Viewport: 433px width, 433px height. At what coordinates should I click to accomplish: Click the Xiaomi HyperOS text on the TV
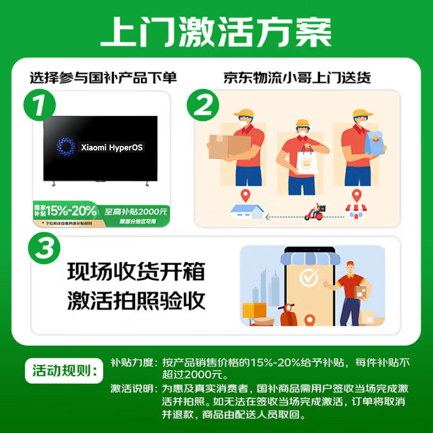pos(112,147)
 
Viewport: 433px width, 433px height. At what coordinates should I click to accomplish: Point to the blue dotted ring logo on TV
pos(67,147)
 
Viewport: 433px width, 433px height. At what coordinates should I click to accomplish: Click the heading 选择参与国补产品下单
pos(103,77)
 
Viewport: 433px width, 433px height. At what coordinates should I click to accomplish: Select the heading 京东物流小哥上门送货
pos(297,77)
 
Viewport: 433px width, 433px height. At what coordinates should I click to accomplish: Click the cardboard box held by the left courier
pos(229,146)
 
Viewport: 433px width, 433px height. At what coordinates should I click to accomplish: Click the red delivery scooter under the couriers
pos(316,213)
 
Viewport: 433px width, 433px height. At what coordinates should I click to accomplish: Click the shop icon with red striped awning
pos(357,211)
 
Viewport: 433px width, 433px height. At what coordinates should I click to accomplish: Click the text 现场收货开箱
pos(136,272)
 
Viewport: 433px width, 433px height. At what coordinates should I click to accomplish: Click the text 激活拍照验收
pos(136,301)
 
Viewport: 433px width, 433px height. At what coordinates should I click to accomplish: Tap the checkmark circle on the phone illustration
pos(309,278)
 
